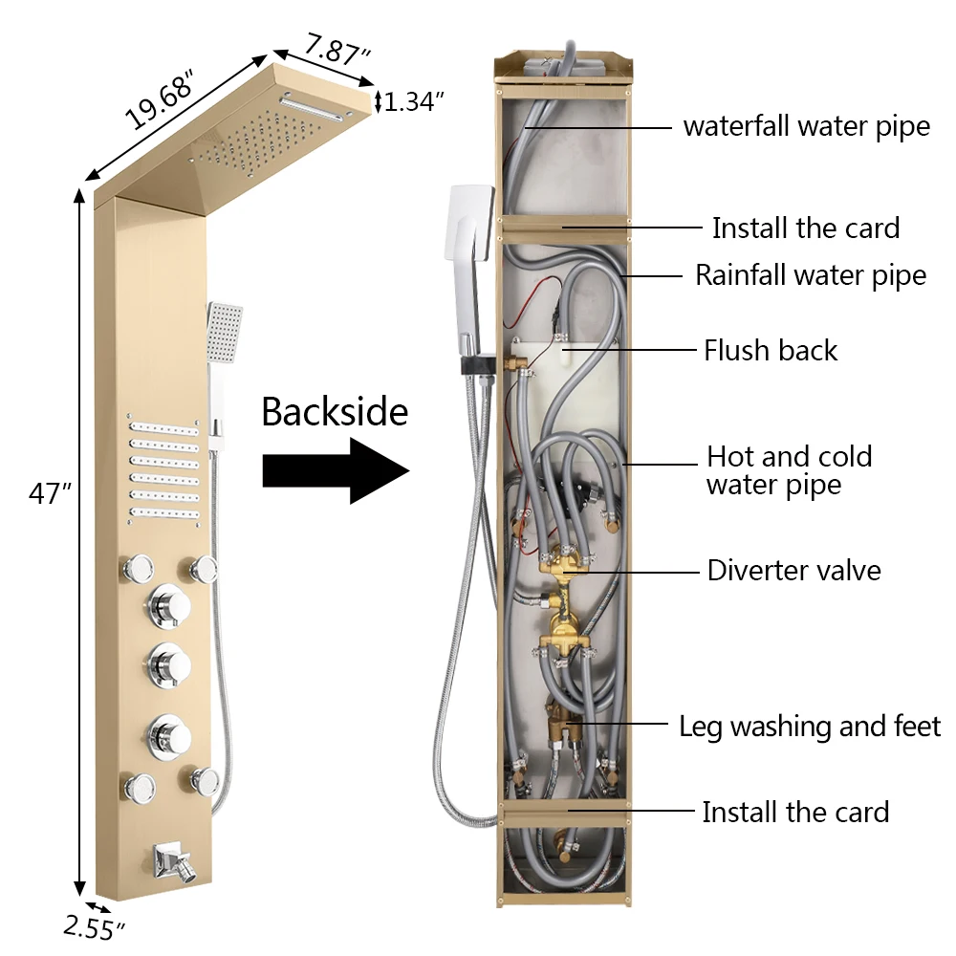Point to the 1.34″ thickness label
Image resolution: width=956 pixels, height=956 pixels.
[x=414, y=101]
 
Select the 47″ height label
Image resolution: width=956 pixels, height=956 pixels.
[x=50, y=494]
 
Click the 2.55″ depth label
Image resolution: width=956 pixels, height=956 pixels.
[x=95, y=926]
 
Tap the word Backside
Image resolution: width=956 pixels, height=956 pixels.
[x=334, y=412]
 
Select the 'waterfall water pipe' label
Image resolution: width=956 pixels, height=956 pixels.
[x=806, y=126]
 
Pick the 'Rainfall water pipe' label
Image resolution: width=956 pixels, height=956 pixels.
[x=810, y=275]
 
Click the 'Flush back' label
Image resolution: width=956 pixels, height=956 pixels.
[x=770, y=350]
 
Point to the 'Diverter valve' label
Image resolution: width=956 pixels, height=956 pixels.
[x=793, y=571]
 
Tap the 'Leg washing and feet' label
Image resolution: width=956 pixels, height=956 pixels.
[x=810, y=726]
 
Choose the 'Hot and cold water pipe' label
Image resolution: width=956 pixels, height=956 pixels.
[x=789, y=469]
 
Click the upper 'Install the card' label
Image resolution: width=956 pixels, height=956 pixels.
[x=805, y=228]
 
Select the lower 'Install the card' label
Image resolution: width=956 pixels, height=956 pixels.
[x=795, y=813]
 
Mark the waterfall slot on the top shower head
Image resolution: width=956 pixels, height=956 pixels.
[x=316, y=107]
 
